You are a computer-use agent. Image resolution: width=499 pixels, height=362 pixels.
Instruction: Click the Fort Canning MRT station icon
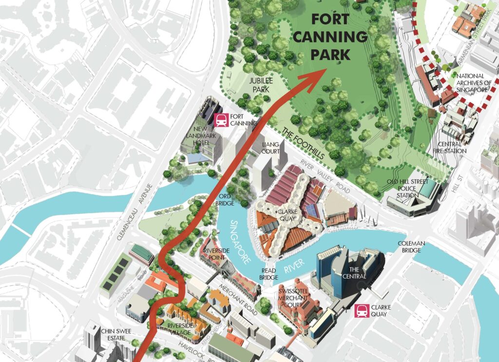coord(222,119)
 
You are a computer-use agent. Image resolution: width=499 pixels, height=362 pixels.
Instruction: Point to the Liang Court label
coord(270,148)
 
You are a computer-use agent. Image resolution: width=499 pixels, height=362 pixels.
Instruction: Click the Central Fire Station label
coord(452,148)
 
